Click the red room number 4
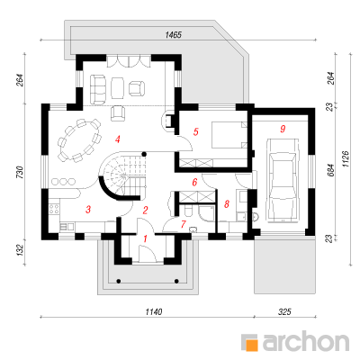pos(118,139)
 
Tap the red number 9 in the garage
pos(283,129)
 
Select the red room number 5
pos(196,131)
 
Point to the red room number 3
pos(88,210)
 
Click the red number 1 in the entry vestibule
pos(146,238)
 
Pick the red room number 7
pos(184,224)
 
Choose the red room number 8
pos(227,204)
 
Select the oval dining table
pos(79,139)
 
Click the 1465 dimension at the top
pos(174,35)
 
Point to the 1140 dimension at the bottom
pos(154,312)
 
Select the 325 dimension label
pos(284,312)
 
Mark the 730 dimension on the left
pos(20,172)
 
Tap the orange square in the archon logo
pos(253,344)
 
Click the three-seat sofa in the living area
pos(98,89)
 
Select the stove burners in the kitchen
pos(55,209)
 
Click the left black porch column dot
pos(119,281)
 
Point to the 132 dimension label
pos(20,249)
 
